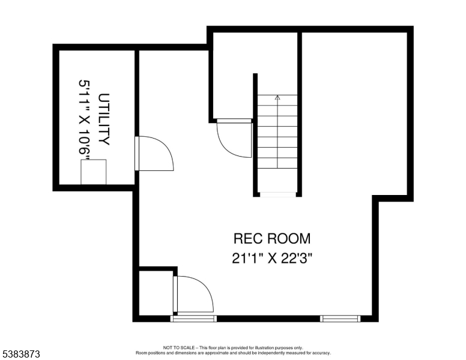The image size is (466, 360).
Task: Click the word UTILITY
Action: click(x=104, y=119)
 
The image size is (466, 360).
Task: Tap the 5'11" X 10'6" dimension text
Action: click(x=85, y=119)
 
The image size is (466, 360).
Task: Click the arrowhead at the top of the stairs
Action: click(x=277, y=97)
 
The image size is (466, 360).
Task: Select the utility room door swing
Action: click(x=156, y=154)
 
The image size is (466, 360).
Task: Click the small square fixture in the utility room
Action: click(x=94, y=172)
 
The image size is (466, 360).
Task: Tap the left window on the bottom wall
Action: click(x=193, y=318)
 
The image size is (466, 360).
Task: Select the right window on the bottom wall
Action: click(x=340, y=318)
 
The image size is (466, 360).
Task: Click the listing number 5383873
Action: click(x=20, y=355)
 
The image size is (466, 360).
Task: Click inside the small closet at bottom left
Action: click(x=156, y=293)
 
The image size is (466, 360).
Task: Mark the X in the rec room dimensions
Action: click(x=272, y=258)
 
